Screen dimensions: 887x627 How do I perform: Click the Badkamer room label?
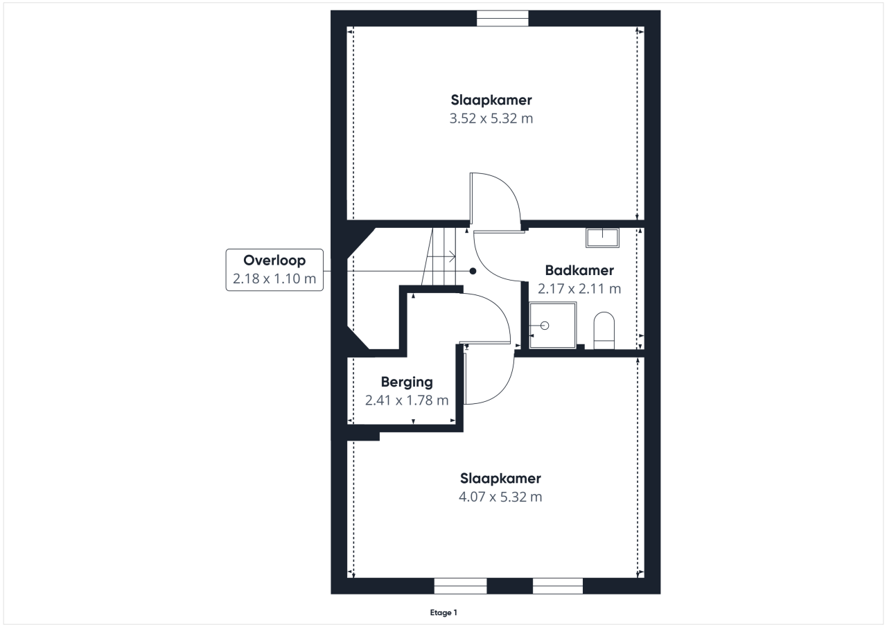click(x=579, y=270)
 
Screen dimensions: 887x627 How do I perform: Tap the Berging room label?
click(x=407, y=382)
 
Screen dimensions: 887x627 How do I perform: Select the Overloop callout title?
click(x=274, y=260)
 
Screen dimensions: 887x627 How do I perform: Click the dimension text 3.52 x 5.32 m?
click(x=491, y=118)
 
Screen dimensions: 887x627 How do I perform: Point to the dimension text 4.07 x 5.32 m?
click(x=500, y=497)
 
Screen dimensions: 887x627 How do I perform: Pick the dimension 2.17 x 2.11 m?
click(x=579, y=289)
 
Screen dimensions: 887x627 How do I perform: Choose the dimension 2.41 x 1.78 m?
click(x=407, y=400)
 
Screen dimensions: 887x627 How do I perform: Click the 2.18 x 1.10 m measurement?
click(x=274, y=279)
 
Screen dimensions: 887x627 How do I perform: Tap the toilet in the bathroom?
click(x=604, y=330)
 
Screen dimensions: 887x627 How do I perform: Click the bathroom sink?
click(x=602, y=238)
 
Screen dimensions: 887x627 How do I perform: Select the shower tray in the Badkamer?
click(x=553, y=326)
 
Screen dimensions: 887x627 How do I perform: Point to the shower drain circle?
click(x=545, y=326)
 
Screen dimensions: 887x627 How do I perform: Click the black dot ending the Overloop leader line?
click(x=473, y=271)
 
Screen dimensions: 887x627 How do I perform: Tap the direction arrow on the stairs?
click(x=441, y=257)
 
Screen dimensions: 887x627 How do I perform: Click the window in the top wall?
click(x=502, y=18)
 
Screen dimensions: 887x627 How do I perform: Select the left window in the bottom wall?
click(x=461, y=586)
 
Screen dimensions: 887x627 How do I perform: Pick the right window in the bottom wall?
click(x=558, y=586)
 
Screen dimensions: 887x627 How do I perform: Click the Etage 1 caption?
click(x=443, y=612)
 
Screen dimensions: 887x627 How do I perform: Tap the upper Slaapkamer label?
click(x=491, y=100)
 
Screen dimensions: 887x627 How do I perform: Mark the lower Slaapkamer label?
click(x=500, y=479)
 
